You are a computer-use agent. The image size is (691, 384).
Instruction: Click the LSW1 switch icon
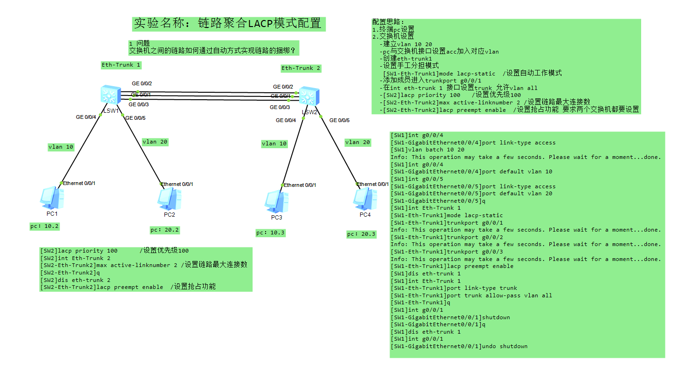[111, 95]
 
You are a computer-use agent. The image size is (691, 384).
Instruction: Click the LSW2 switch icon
[309, 96]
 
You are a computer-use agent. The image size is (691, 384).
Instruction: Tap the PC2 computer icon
[169, 199]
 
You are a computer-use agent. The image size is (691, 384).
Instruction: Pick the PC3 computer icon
[276, 202]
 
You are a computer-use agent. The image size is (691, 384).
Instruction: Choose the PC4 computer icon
[365, 199]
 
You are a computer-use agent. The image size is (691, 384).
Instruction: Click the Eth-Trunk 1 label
[121, 65]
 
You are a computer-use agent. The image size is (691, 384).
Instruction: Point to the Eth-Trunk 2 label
[301, 68]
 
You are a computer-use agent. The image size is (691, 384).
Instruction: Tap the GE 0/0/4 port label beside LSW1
[86, 117]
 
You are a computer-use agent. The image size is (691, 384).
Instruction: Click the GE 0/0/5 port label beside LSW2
[339, 120]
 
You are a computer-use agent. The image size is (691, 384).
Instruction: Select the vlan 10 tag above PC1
[61, 147]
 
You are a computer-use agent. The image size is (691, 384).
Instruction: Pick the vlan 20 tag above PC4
[357, 142]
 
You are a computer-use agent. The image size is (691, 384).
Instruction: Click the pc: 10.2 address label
[44, 226]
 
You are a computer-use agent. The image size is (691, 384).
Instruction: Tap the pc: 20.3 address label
[361, 234]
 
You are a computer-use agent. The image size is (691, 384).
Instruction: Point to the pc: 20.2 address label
[165, 230]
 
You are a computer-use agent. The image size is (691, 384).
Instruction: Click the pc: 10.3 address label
[271, 233]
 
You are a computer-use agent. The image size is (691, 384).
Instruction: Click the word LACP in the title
[260, 24]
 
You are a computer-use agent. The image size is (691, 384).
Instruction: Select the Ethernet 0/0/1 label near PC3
[300, 185]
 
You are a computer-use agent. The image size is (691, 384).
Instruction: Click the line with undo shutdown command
[459, 346]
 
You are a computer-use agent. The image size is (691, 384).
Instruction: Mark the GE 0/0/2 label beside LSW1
[142, 83]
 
